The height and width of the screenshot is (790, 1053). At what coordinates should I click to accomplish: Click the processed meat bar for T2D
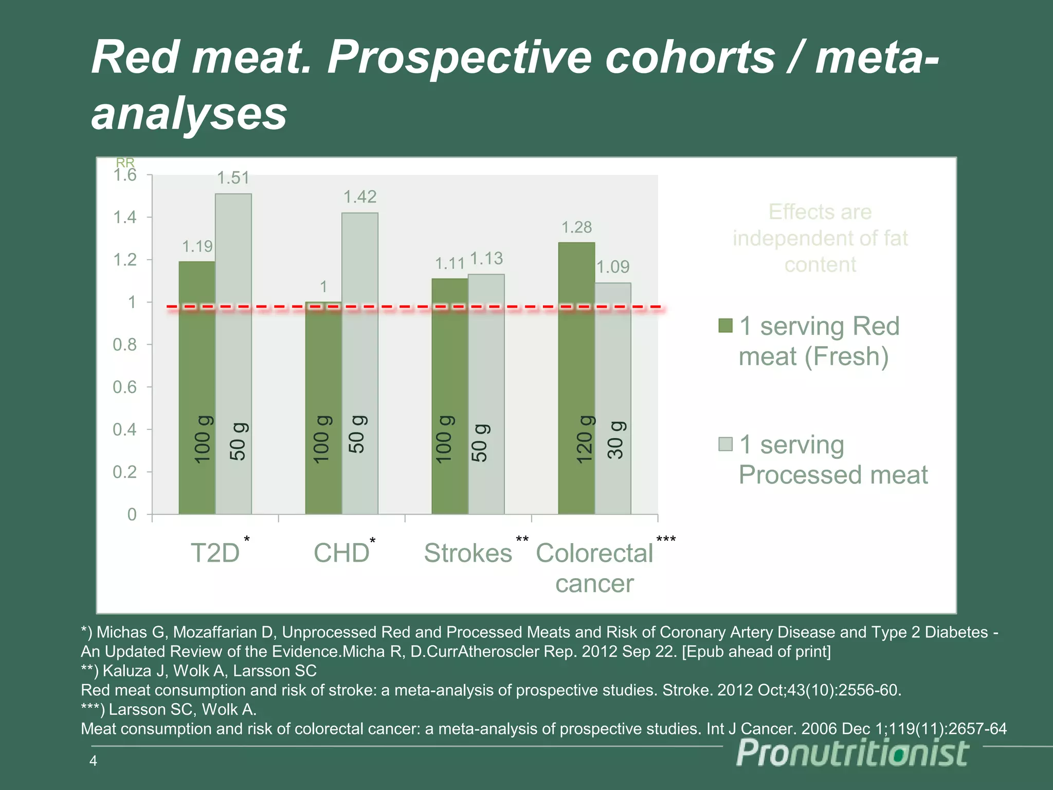point(233,355)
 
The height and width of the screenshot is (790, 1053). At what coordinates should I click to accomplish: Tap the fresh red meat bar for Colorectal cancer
point(576,378)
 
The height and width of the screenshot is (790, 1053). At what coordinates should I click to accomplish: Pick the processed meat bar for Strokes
point(486,394)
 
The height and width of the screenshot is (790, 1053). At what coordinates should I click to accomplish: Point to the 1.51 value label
point(233,178)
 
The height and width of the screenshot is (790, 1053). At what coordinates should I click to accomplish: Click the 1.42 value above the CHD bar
point(360,197)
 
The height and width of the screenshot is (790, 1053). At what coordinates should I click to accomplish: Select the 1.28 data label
point(576,227)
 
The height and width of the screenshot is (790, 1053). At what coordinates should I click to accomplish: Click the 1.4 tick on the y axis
point(125,218)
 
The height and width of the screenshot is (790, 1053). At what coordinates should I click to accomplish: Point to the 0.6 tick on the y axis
point(125,387)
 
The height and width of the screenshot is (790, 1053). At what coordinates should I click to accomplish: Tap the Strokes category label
point(468,553)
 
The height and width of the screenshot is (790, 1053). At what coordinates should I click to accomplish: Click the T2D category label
point(215,553)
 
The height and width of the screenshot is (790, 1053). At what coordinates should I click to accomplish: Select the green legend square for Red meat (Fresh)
point(725,326)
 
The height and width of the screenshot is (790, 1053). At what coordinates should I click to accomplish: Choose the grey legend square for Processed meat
point(725,444)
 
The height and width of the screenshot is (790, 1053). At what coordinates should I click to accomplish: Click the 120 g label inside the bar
point(585,440)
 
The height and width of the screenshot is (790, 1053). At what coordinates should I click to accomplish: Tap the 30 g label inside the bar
point(616,440)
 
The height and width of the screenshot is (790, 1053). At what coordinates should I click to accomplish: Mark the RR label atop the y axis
point(125,163)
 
